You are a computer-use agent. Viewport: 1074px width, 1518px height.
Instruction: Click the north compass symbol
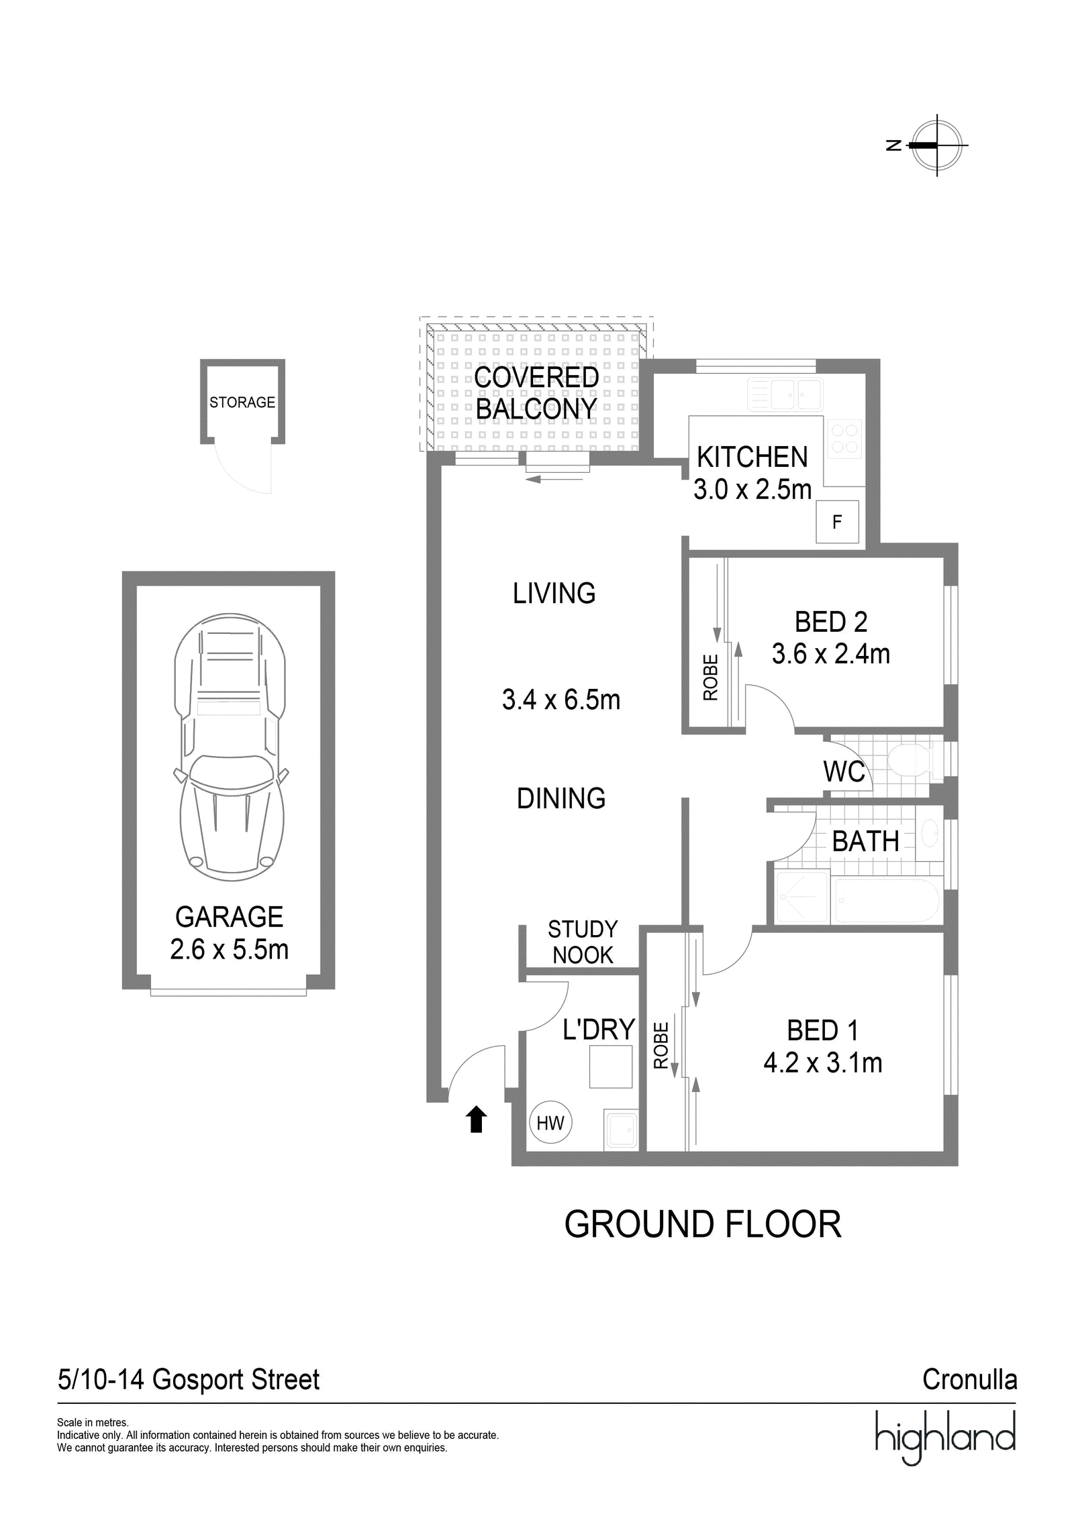pyautogui.click(x=936, y=145)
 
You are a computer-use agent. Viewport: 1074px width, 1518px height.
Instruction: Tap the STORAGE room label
pyautogui.click(x=242, y=402)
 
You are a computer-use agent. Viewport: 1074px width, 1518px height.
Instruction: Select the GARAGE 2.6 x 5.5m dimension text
pyautogui.click(x=229, y=932)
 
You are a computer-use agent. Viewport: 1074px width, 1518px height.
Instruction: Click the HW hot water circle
pyautogui.click(x=550, y=1122)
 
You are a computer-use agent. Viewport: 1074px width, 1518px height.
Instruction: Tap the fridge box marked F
pyautogui.click(x=837, y=522)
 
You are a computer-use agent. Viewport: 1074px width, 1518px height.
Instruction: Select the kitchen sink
pyautogui.click(x=785, y=394)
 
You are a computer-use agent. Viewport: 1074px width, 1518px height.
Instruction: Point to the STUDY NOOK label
pyautogui.click(x=583, y=942)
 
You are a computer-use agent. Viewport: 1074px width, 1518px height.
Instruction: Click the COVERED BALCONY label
pyautogui.click(x=536, y=392)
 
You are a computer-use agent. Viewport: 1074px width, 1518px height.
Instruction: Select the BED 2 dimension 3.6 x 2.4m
pyautogui.click(x=831, y=653)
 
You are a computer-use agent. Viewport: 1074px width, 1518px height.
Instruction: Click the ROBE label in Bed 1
pyautogui.click(x=661, y=1045)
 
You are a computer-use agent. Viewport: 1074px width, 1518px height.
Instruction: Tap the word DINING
pyautogui.click(x=561, y=798)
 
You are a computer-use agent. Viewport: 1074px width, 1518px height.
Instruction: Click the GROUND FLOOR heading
pyautogui.click(x=702, y=1225)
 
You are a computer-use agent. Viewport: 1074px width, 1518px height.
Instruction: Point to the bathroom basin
pyautogui.click(x=930, y=834)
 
